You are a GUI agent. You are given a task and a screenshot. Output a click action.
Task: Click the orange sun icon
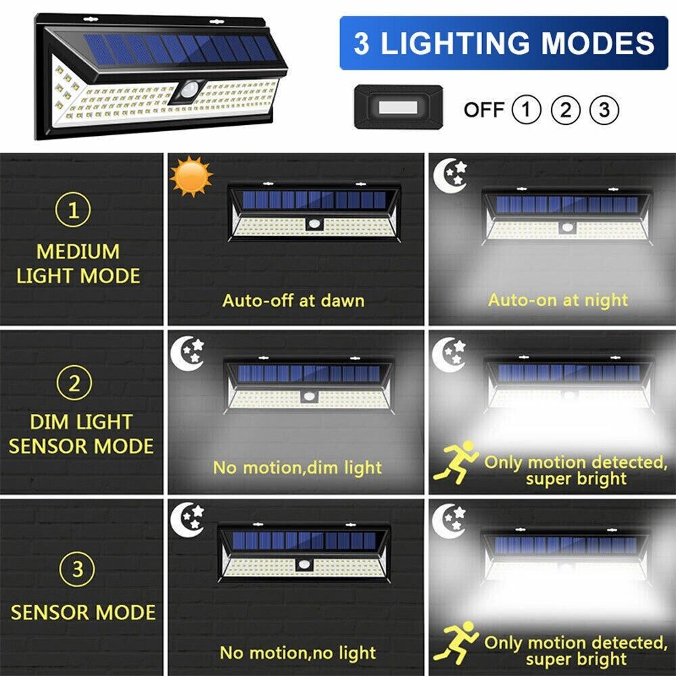point(191,176)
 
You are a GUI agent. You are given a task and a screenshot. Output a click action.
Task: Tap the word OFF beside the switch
point(484,110)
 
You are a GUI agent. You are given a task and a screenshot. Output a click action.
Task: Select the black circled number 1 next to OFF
point(526,110)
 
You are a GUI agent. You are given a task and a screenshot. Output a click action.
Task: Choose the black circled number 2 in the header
point(566,110)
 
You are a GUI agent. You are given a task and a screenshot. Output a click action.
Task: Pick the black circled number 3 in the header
point(604,110)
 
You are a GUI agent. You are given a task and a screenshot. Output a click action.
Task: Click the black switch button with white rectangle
point(398,107)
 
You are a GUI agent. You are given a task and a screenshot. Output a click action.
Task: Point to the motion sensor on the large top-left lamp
point(188,91)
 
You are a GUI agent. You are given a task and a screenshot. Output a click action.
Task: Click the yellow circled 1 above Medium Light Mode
point(73,210)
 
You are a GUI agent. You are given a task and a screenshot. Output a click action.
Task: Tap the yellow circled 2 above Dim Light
point(74,383)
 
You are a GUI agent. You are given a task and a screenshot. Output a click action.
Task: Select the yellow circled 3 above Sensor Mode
point(77,569)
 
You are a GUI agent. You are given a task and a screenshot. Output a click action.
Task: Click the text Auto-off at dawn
point(293,301)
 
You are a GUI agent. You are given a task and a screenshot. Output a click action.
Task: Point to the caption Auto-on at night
point(558,301)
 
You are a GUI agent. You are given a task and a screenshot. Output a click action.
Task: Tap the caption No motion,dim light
point(297,468)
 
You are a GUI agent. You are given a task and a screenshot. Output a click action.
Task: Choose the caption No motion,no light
point(298,653)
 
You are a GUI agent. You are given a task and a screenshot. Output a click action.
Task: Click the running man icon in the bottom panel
point(456,642)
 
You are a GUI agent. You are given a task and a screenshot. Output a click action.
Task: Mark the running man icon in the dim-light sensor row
point(456,462)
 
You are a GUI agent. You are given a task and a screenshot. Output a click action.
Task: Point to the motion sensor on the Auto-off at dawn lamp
point(314,224)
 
